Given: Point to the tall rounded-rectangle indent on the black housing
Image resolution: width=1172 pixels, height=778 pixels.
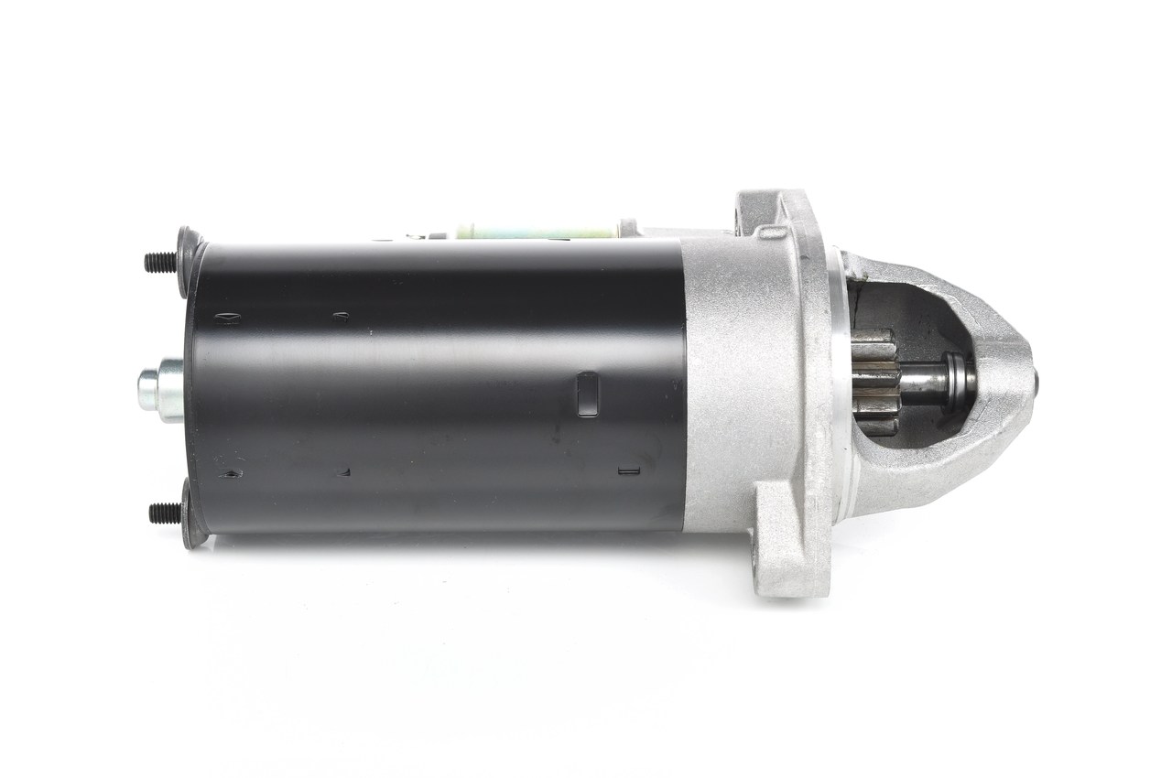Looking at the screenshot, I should coord(587,394).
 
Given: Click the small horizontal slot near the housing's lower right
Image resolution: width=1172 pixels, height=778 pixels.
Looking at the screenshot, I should coord(628,472).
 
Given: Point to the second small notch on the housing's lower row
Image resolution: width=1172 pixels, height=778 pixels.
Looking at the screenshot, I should coord(344,472).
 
